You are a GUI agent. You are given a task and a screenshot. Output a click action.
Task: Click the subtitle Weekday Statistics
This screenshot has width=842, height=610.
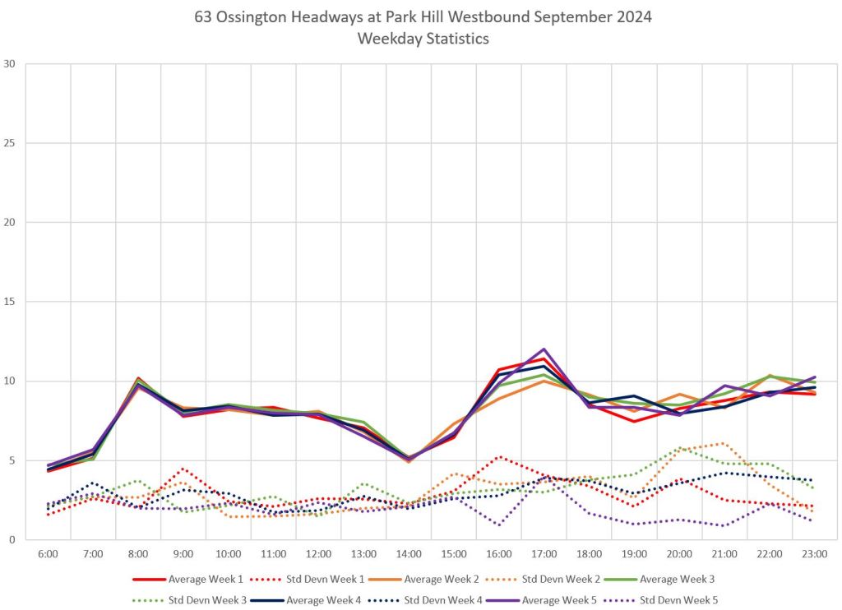click(421, 39)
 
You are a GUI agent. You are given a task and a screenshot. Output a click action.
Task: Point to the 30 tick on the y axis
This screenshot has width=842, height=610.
click(11, 64)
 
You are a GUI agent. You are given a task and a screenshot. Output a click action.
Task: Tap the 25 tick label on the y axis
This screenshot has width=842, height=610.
click(11, 143)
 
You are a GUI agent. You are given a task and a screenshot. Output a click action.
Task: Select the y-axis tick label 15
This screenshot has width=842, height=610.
click(11, 302)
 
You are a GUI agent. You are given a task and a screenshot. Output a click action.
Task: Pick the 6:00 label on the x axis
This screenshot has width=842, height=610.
click(48, 555)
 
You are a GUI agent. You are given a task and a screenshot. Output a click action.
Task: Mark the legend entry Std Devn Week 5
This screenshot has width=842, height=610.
click(679, 601)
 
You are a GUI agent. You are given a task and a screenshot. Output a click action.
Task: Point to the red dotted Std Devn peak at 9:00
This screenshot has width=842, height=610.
click(183, 469)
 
